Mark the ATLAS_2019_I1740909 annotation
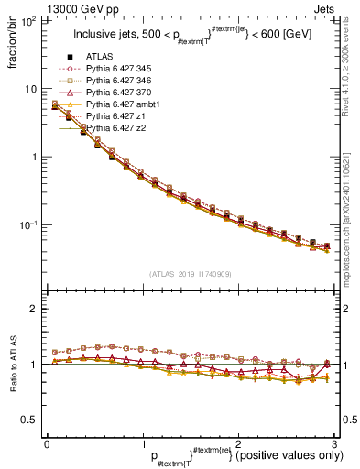190,272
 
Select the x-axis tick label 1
142,443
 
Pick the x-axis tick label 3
333,443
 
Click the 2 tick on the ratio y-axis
33,309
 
